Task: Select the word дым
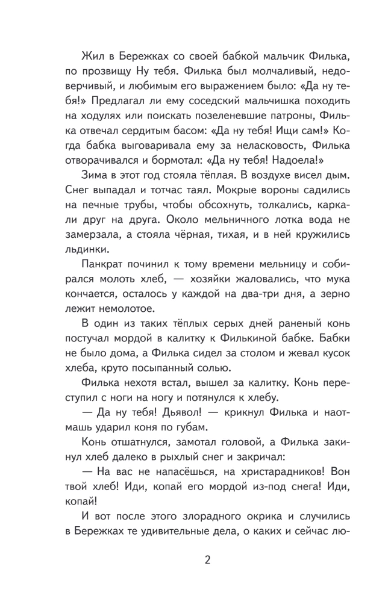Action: [337, 175]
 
